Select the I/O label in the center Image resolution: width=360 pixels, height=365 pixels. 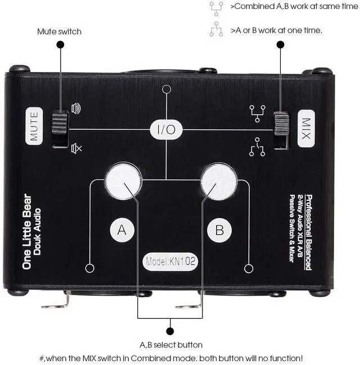click(x=166, y=130)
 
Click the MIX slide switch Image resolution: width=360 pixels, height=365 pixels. click(x=280, y=130)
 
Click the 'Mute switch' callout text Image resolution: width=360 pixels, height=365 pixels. click(x=59, y=31)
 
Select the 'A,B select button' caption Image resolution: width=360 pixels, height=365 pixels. click(x=171, y=345)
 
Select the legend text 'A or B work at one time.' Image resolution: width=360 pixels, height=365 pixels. click(x=276, y=30)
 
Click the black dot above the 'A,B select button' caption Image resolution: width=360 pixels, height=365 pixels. click(x=170, y=331)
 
